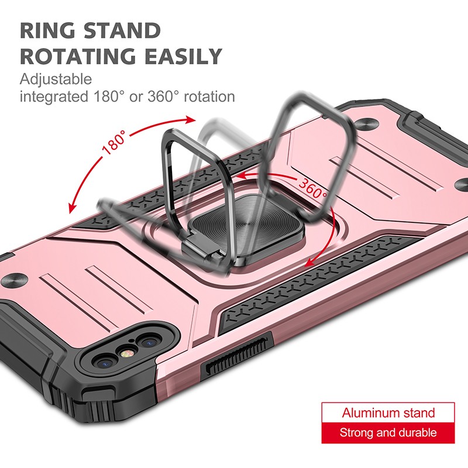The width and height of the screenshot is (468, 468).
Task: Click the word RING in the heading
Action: click(47, 30)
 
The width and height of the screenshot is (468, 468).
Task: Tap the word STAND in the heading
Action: click(122, 30)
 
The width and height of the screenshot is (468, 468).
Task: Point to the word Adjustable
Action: click(56, 80)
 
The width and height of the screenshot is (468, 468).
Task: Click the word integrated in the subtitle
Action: click(54, 97)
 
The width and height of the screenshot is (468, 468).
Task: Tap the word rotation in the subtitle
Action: click(209, 97)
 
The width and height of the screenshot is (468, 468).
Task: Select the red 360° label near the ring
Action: click(312, 188)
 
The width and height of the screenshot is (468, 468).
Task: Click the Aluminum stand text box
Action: click(388, 413)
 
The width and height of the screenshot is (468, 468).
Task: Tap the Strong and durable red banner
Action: click(388, 433)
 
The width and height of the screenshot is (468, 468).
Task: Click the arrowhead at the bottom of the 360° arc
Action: click(311, 262)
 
